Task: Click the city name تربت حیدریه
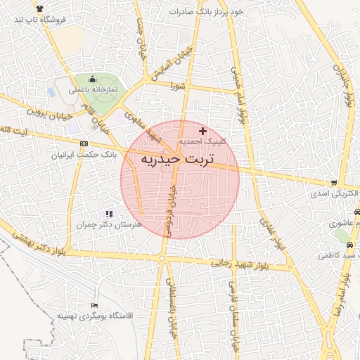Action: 180,160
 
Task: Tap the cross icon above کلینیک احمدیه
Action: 203,131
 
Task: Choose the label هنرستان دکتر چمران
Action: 109,224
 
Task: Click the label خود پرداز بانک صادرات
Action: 207,13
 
